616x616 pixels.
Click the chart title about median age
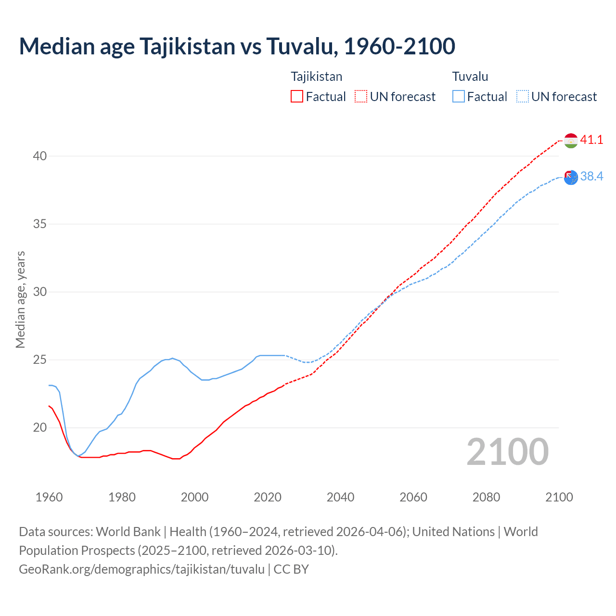[237, 46]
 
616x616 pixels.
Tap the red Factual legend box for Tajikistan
[297, 97]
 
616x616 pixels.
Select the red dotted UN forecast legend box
[361, 97]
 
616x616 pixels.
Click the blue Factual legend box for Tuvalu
[458, 97]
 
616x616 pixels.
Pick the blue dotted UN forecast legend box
[522, 97]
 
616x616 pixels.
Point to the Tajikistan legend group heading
[316, 77]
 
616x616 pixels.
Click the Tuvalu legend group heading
[470, 77]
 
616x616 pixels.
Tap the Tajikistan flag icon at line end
[571, 141]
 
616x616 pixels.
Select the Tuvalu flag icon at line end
[571, 177]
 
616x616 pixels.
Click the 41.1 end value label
[591, 140]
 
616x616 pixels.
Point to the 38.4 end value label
[591, 177]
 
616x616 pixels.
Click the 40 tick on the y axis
[40, 156]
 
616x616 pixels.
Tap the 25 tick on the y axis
[40, 359]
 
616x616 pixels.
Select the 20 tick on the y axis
[40, 427]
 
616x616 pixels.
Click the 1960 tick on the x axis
[49, 497]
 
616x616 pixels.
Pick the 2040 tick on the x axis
[340, 497]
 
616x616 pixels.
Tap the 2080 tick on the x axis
[486, 497]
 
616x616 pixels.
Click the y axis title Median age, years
[20, 299]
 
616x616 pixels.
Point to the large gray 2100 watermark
[507, 452]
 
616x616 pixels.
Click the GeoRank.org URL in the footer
[141, 569]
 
